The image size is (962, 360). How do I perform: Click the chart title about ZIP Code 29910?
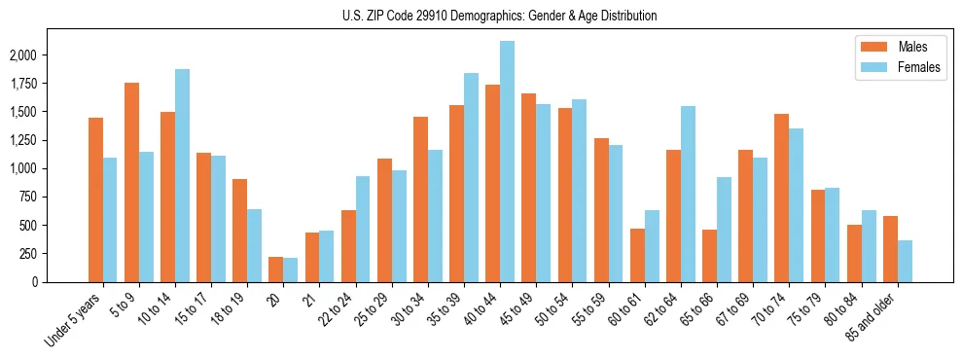(499, 16)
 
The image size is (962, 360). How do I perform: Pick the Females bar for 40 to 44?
(507, 162)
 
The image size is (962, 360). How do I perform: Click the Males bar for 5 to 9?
(131, 182)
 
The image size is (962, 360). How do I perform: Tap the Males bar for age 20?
(276, 270)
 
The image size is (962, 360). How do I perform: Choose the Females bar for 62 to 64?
(688, 194)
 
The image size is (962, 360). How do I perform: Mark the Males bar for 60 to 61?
(637, 255)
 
